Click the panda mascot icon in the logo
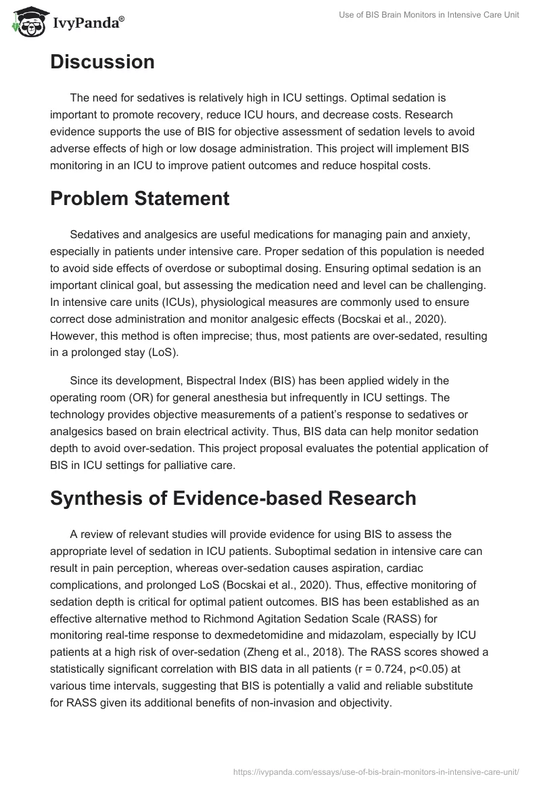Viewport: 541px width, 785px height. tap(25, 22)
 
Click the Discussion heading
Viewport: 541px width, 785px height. tap(102, 62)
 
